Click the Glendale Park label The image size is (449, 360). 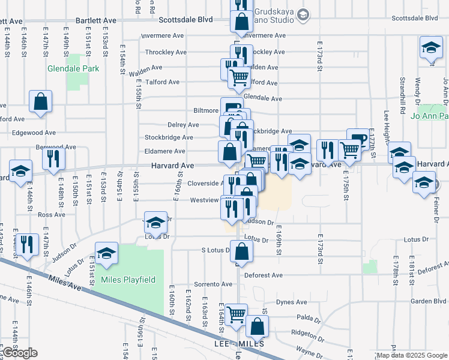(73, 68)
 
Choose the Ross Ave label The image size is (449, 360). (51, 214)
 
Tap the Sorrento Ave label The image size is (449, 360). (213, 284)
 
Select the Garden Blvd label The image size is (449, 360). (412, 301)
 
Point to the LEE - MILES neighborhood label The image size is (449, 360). (238, 344)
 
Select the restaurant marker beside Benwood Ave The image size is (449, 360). (54, 158)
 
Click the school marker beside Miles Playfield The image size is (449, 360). (106, 253)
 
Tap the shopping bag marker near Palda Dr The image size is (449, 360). (257, 327)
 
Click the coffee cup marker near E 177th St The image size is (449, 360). (358, 140)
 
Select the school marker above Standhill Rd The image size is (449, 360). (430, 48)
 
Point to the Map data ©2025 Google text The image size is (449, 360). (411, 355)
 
